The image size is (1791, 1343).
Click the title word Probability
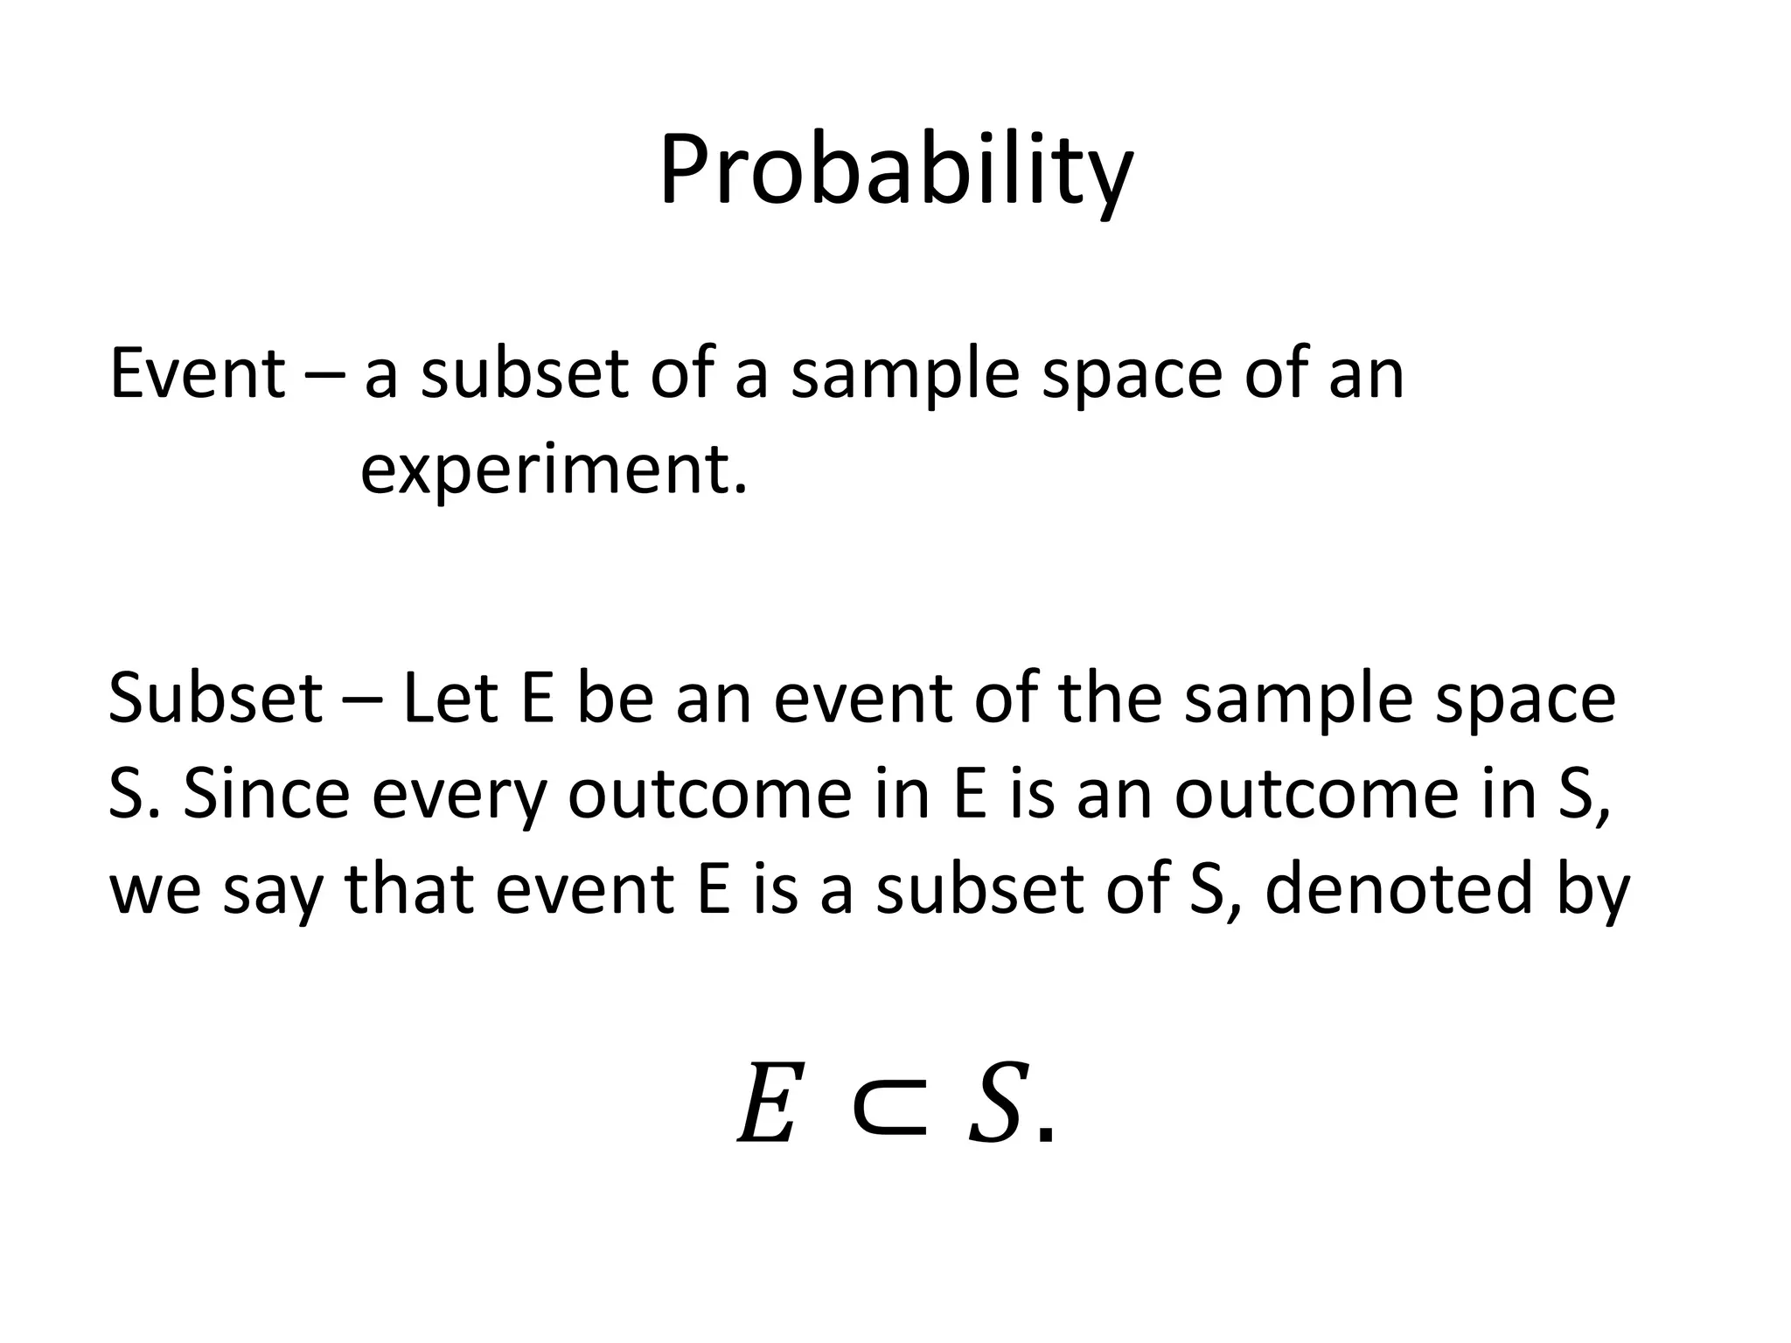(x=895, y=171)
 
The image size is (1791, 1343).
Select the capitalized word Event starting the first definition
(x=197, y=373)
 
